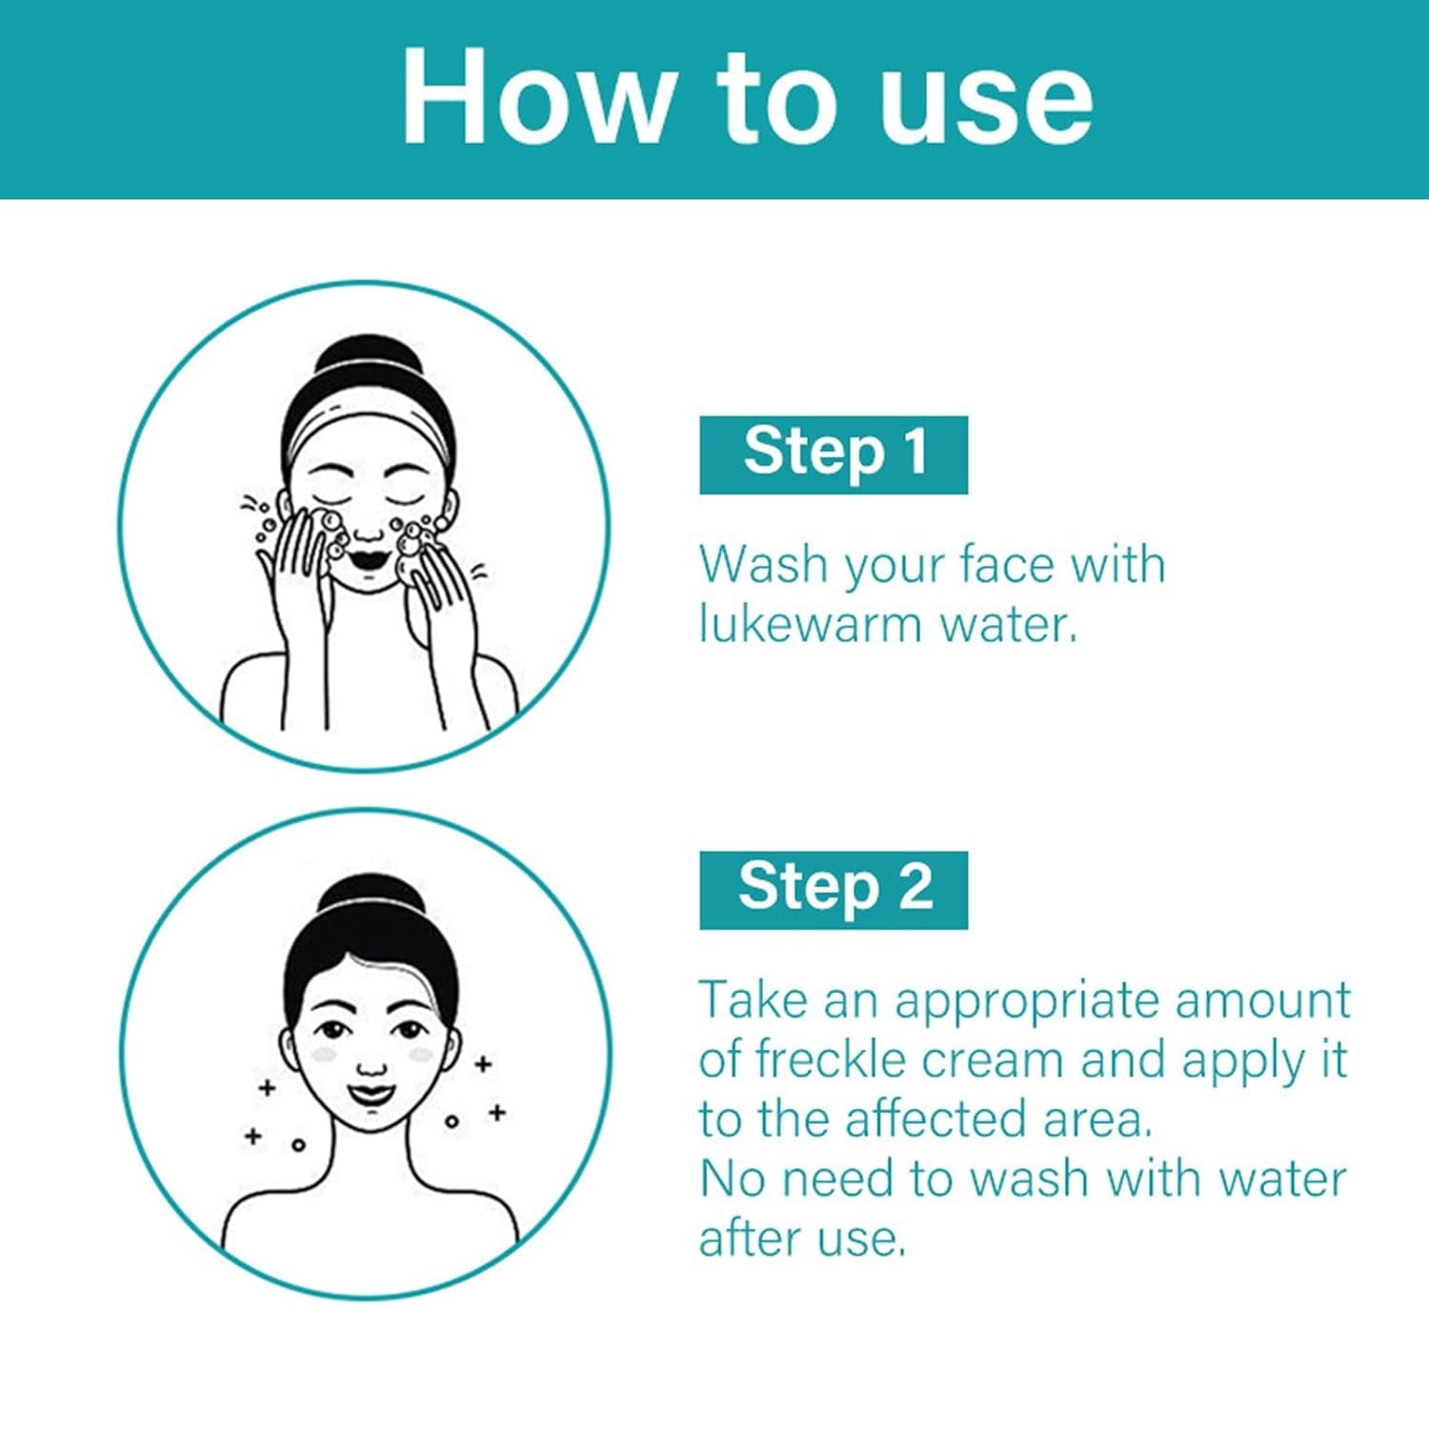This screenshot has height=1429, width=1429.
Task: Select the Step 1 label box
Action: [x=834, y=454]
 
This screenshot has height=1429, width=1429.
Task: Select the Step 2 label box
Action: [x=834, y=890]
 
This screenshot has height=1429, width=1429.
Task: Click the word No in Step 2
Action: [x=733, y=1179]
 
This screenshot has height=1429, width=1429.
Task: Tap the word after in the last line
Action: [x=749, y=1238]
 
